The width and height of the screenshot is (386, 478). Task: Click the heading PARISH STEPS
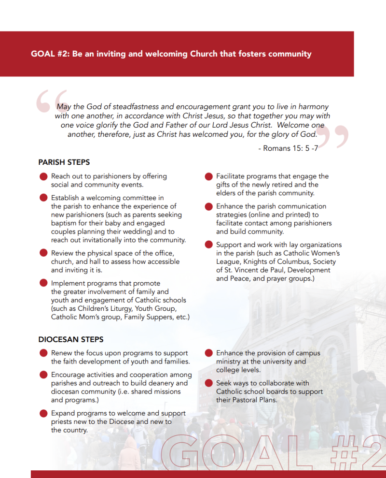pos(64,162)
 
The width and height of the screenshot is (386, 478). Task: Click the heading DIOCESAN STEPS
pos(71,340)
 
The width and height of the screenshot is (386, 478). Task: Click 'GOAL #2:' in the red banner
pos(50,54)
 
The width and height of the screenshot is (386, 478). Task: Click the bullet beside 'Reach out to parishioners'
pos(43,177)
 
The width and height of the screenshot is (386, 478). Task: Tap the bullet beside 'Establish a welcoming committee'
pos(43,198)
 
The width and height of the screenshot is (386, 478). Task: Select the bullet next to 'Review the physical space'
pos(43,254)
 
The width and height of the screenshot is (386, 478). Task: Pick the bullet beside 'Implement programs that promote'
pos(43,284)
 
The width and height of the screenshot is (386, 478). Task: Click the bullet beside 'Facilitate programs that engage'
pos(208,177)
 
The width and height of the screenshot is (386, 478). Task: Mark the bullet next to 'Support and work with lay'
pos(208,246)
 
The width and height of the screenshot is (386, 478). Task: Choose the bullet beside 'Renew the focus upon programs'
pos(43,354)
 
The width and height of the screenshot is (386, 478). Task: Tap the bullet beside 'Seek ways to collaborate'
pos(208,384)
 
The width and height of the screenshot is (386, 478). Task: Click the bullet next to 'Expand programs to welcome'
pos(43,414)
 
